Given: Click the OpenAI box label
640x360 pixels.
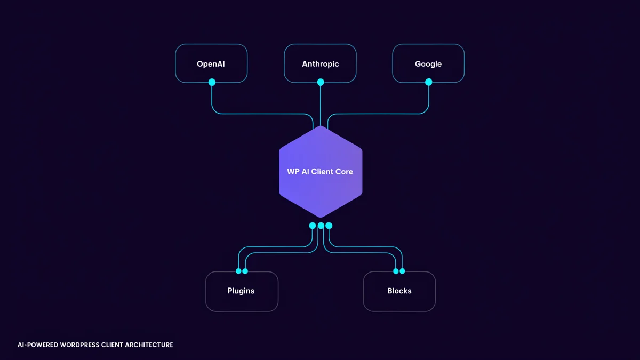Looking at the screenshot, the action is pyautogui.click(x=211, y=63).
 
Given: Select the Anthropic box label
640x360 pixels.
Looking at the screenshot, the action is pyautogui.click(x=321, y=64).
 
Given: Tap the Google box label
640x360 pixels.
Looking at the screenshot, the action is pyautogui.click(x=428, y=64).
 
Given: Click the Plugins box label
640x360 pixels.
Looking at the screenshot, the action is pyautogui.click(x=241, y=291).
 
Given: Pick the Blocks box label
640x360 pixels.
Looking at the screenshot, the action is pyautogui.click(x=399, y=291).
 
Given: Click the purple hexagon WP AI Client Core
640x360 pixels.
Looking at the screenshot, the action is pyautogui.click(x=321, y=172).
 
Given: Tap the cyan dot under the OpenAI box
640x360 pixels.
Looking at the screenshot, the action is pyautogui.click(x=212, y=82).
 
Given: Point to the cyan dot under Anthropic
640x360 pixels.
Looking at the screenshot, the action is pyautogui.click(x=321, y=82).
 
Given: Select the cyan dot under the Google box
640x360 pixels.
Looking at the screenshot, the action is pyautogui.click(x=429, y=82).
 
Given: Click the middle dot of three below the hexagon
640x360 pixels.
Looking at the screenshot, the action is pyautogui.click(x=321, y=226).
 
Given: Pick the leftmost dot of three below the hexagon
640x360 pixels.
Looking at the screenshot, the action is pyautogui.click(x=313, y=226).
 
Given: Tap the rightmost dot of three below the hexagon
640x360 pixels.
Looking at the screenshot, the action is pyautogui.click(x=329, y=226).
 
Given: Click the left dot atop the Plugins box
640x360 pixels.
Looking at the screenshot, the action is pyautogui.click(x=238, y=271).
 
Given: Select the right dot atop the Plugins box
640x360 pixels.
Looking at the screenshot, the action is pyautogui.click(x=245, y=271).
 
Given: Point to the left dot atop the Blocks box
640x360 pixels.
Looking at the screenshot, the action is pyautogui.click(x=396, y=271).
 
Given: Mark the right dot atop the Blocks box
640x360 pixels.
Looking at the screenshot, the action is pyautogui.click(x=402, y=271).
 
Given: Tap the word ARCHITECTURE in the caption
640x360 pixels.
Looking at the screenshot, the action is pyautogui.click(x=149, y=345).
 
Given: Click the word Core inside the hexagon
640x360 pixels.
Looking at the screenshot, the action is pyautogui.click(x=344, y=172).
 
